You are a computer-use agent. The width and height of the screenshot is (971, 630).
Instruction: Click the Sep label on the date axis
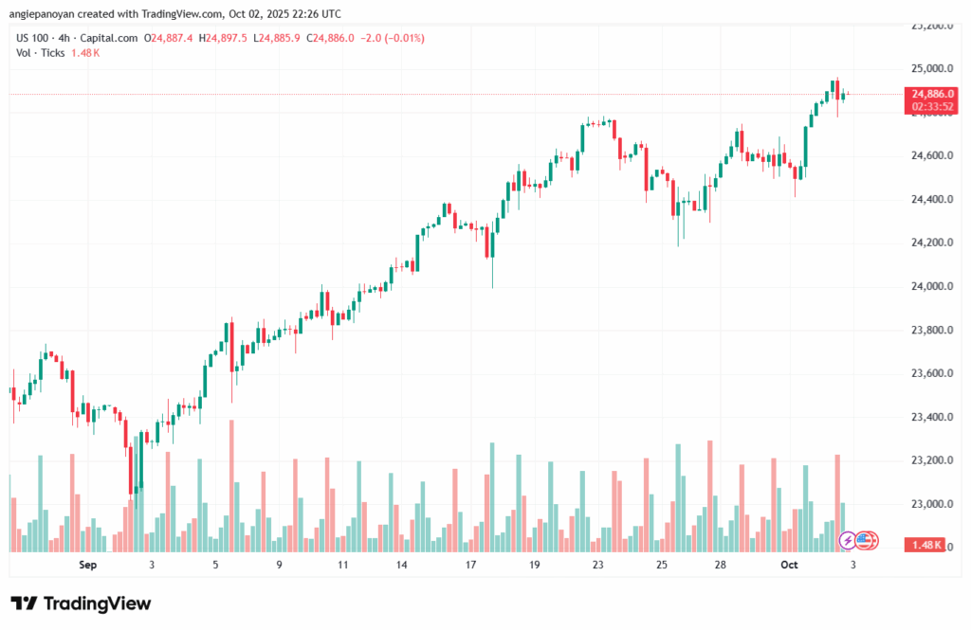pos(88,565)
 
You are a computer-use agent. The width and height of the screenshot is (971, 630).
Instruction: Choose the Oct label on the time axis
pos(789,565)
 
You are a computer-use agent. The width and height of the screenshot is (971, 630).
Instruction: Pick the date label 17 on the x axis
pos(470,565)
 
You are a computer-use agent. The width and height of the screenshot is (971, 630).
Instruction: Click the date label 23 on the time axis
pos(598,565)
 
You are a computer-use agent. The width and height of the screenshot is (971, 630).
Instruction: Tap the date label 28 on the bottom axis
pos(721,565)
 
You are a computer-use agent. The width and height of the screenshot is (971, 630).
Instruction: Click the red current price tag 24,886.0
pos(930,95)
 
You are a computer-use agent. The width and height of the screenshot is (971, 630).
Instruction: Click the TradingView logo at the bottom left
pos(81,603)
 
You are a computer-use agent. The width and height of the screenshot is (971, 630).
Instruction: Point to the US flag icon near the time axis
pos(865,541)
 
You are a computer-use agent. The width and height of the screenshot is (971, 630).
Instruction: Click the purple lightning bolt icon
pos(848,541)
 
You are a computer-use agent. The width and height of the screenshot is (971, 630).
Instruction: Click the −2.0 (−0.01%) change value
pos(390,38)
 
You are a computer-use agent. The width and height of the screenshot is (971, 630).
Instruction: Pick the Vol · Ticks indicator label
pos(41,53)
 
